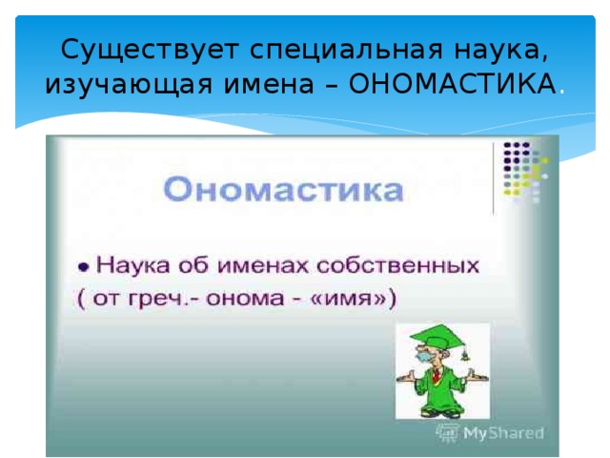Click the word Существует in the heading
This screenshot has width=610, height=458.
click(x=150, y=50)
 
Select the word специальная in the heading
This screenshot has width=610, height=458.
click(x=346, y=51)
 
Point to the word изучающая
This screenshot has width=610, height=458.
click(x=129, y=85)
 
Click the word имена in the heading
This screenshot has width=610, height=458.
click(x=269, y=84)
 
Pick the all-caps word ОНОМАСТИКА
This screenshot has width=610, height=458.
click(x=453, y=84)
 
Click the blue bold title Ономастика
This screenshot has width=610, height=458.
click(x=283, y=189)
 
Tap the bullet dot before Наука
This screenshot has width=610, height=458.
click(x=84, y=267)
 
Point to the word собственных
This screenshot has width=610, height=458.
click(x=398, y=265)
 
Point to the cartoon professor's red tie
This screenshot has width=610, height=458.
click(x=437, y=375)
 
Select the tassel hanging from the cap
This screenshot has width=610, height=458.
click(x=464, y=354)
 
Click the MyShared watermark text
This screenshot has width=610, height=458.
click(x=503, y=433)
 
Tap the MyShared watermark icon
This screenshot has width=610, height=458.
click(x=448, y=433)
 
